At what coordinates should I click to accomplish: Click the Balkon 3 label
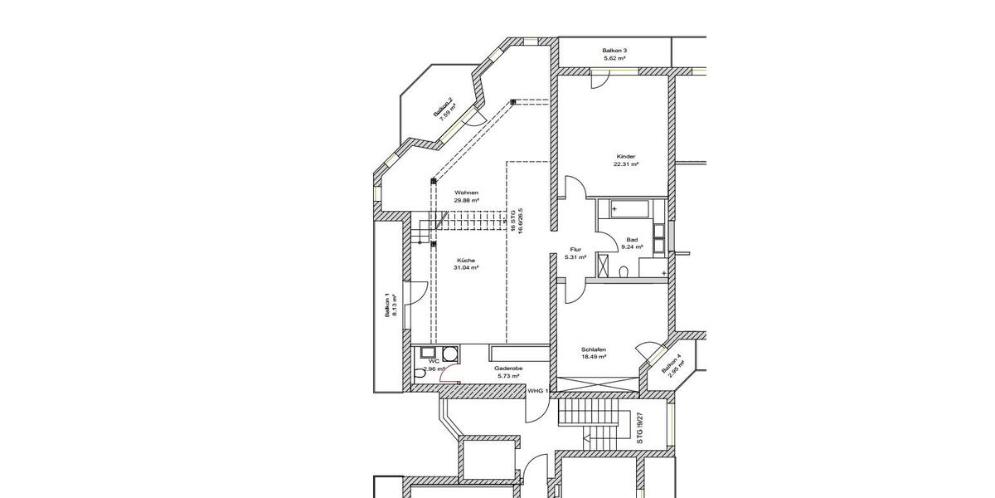tap(614, 51)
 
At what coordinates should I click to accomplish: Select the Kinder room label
tap(626, 156)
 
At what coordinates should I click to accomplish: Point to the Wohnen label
tap(466, 193)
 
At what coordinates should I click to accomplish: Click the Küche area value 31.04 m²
tap(465, 268)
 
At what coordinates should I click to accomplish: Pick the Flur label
tap(575, 249)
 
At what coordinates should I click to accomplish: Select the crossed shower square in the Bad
tap(604, 271)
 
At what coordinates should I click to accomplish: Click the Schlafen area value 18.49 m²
tap(594, 356)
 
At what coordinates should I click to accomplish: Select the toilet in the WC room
tap(420, 375)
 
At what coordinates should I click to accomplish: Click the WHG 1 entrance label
tap(538, 390)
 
